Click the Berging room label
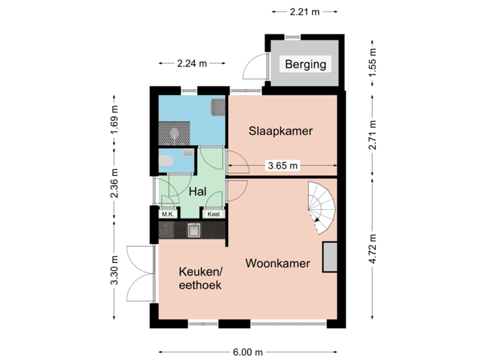[x=305, y=65]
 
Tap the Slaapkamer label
[x=280, y=131]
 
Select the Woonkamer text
[x=277, y=263]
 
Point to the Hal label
[x=197, y=192]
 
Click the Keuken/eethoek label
[x=200, y=278]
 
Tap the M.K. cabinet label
[x=167, y=214]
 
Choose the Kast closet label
[x=214, y=214]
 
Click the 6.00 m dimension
[x=248, y=352]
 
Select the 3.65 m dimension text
[x=283, y=165]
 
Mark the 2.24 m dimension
[x=192, y=63]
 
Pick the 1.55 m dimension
[x=372, y=63]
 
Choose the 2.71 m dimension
[x=372, y=135]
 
